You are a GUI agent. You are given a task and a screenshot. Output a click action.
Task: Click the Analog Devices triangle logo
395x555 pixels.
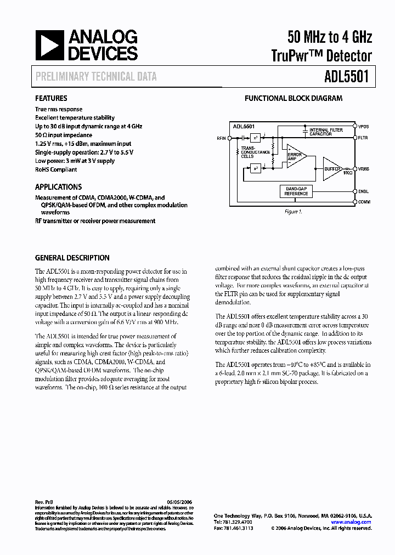coord(48,46)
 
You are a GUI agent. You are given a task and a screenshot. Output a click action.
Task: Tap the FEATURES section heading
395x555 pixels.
coord(51,99)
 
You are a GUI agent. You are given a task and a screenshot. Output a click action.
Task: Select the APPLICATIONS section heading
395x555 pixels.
coord(58,186)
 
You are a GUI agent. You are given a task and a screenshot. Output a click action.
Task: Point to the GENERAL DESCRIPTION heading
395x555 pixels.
coord(72,258)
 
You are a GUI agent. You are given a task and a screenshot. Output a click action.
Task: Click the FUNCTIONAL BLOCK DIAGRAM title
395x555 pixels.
coord(293,99)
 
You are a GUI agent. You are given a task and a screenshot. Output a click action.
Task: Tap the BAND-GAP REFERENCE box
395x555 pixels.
coord(296,191)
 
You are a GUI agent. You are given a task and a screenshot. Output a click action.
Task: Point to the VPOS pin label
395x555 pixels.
coord(364,126)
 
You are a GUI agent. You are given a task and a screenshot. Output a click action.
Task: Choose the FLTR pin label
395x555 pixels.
coord(363,138)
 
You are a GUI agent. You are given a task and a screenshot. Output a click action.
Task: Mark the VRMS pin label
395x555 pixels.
coord(364,168)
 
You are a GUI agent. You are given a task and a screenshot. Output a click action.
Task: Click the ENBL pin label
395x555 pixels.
coord(363,191)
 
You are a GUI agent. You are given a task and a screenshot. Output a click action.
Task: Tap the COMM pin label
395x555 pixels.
coord(364,202)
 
